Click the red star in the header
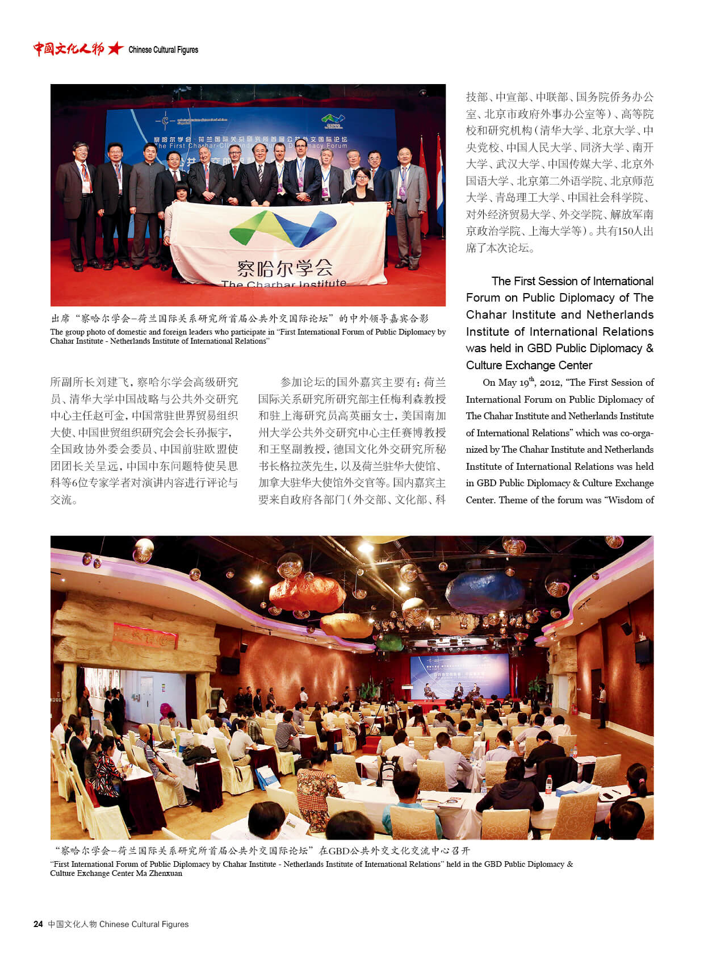(x=115, y=49)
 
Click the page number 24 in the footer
(x=38, y=924)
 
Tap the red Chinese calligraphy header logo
(x=68, y=49)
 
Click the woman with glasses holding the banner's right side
(x=363, y=187)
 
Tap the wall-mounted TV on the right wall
(x=643, y=651)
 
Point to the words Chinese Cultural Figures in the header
(x=164, y=50)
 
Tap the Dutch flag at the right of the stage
(x=440, y=182)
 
